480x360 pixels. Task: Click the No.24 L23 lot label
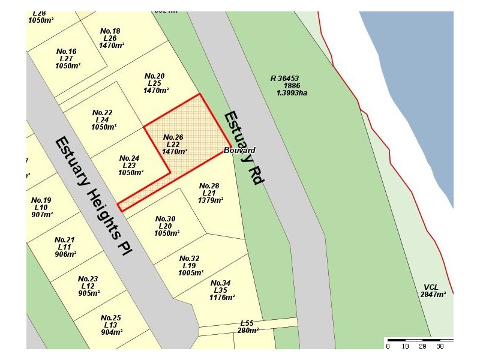click(x=130, y=165)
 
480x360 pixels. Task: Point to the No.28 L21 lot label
click(x=209, y=193)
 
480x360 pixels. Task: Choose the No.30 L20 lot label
click(x=165, y=226)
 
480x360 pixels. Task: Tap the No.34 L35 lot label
click(x=221, y=290)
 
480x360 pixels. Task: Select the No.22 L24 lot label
click(x=103, y=119)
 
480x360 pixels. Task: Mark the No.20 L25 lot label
click(x=155, y=83)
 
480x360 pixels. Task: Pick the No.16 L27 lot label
click(x=67, y=58)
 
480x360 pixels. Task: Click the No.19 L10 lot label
click(x=41, y=207)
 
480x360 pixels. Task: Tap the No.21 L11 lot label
click(x=64, y=247)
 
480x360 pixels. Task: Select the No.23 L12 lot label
click(x=88, y=286)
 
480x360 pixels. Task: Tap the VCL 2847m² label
click(x=433, y=290)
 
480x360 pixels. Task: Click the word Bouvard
click(x=239, y=150)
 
